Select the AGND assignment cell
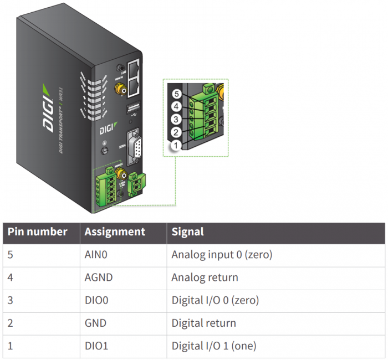[x=99, y=277]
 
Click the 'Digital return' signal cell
[x=203, y=323]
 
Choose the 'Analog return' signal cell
[x=205, y=277]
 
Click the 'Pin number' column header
[x=38, y=232]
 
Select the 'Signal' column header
[x=188, y=232]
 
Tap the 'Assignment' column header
[x=115, y=232]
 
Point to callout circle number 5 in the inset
[x=177, y=94]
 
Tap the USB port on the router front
[x=134, y=109]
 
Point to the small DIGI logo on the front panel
[x=108, y=129]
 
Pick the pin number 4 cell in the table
[x=11, y=277]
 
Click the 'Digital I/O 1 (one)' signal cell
[x=213, y=346]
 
